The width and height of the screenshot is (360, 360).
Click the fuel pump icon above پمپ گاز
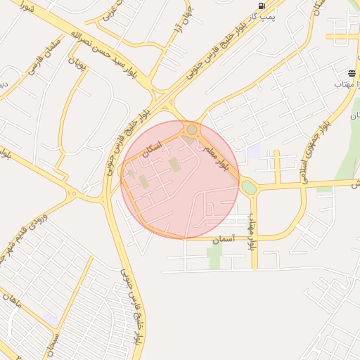(262, 6)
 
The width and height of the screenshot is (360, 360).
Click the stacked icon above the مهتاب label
(352, 73)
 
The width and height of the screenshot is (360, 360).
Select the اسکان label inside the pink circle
(152, 147)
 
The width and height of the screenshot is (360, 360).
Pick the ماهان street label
(12, 302)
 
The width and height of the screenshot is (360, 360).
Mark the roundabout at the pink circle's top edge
(192, 129)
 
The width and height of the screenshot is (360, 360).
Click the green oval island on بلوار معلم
(249, 188)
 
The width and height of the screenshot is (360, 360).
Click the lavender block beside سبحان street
(51, 319)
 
